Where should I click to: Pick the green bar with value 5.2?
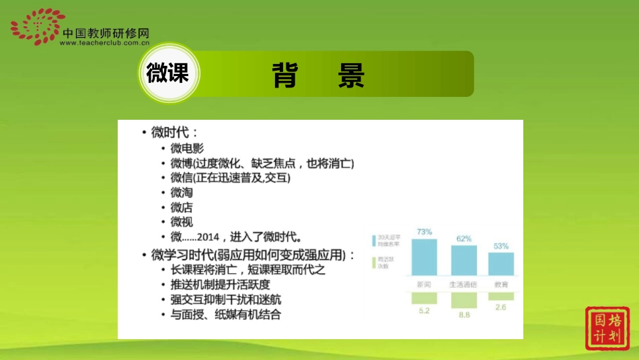pyautogui.click(x=424, y=298)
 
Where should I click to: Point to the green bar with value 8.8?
pyautogui.click(x=463, y=301)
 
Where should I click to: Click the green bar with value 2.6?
pyautogui.click(x=501, y=296)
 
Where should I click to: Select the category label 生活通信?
pyautogui.click(x=463, y=285)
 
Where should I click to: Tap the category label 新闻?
pyautogui.click(x=424, y=285)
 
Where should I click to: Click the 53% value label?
pyautogui.click(x=501, y=246)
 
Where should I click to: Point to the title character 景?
pyautogui.click(x=350, y=75)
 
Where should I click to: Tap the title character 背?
pyautogui.click(x=286, y=75)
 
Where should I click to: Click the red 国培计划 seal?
pyautogui.click(x=607, y=328)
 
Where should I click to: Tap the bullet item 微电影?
pyautogui.click(x=187, y=149)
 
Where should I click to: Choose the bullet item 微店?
pyautogui.click(x=182, y=207)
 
